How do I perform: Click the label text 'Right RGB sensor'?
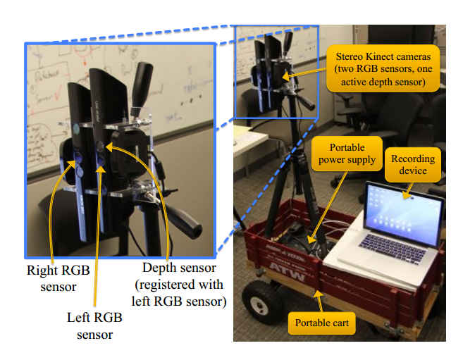coord(52,276)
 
